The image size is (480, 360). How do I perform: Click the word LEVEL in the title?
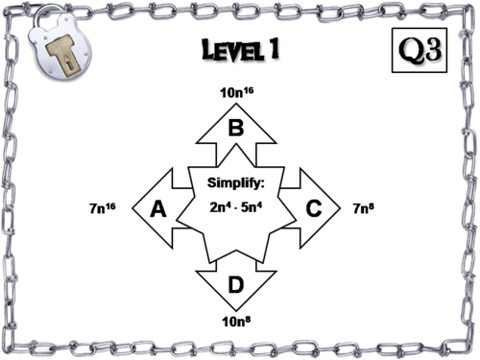tap(223, 51)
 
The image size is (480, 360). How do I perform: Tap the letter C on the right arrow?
tap(313, 207)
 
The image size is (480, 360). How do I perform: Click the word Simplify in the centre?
tap(235, 183)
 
